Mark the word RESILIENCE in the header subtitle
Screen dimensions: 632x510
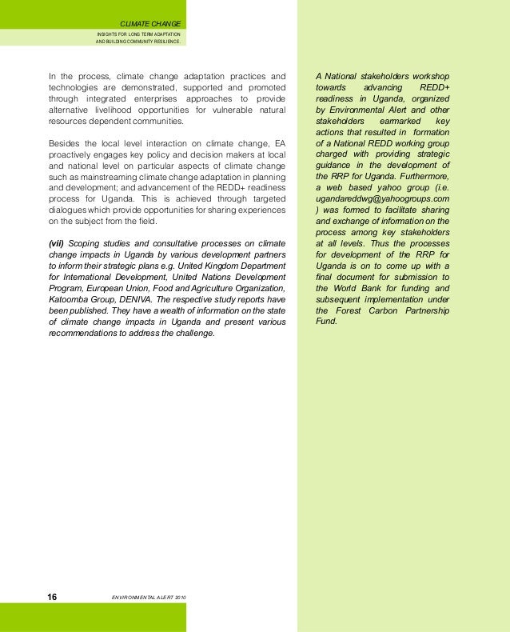[169, 43]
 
